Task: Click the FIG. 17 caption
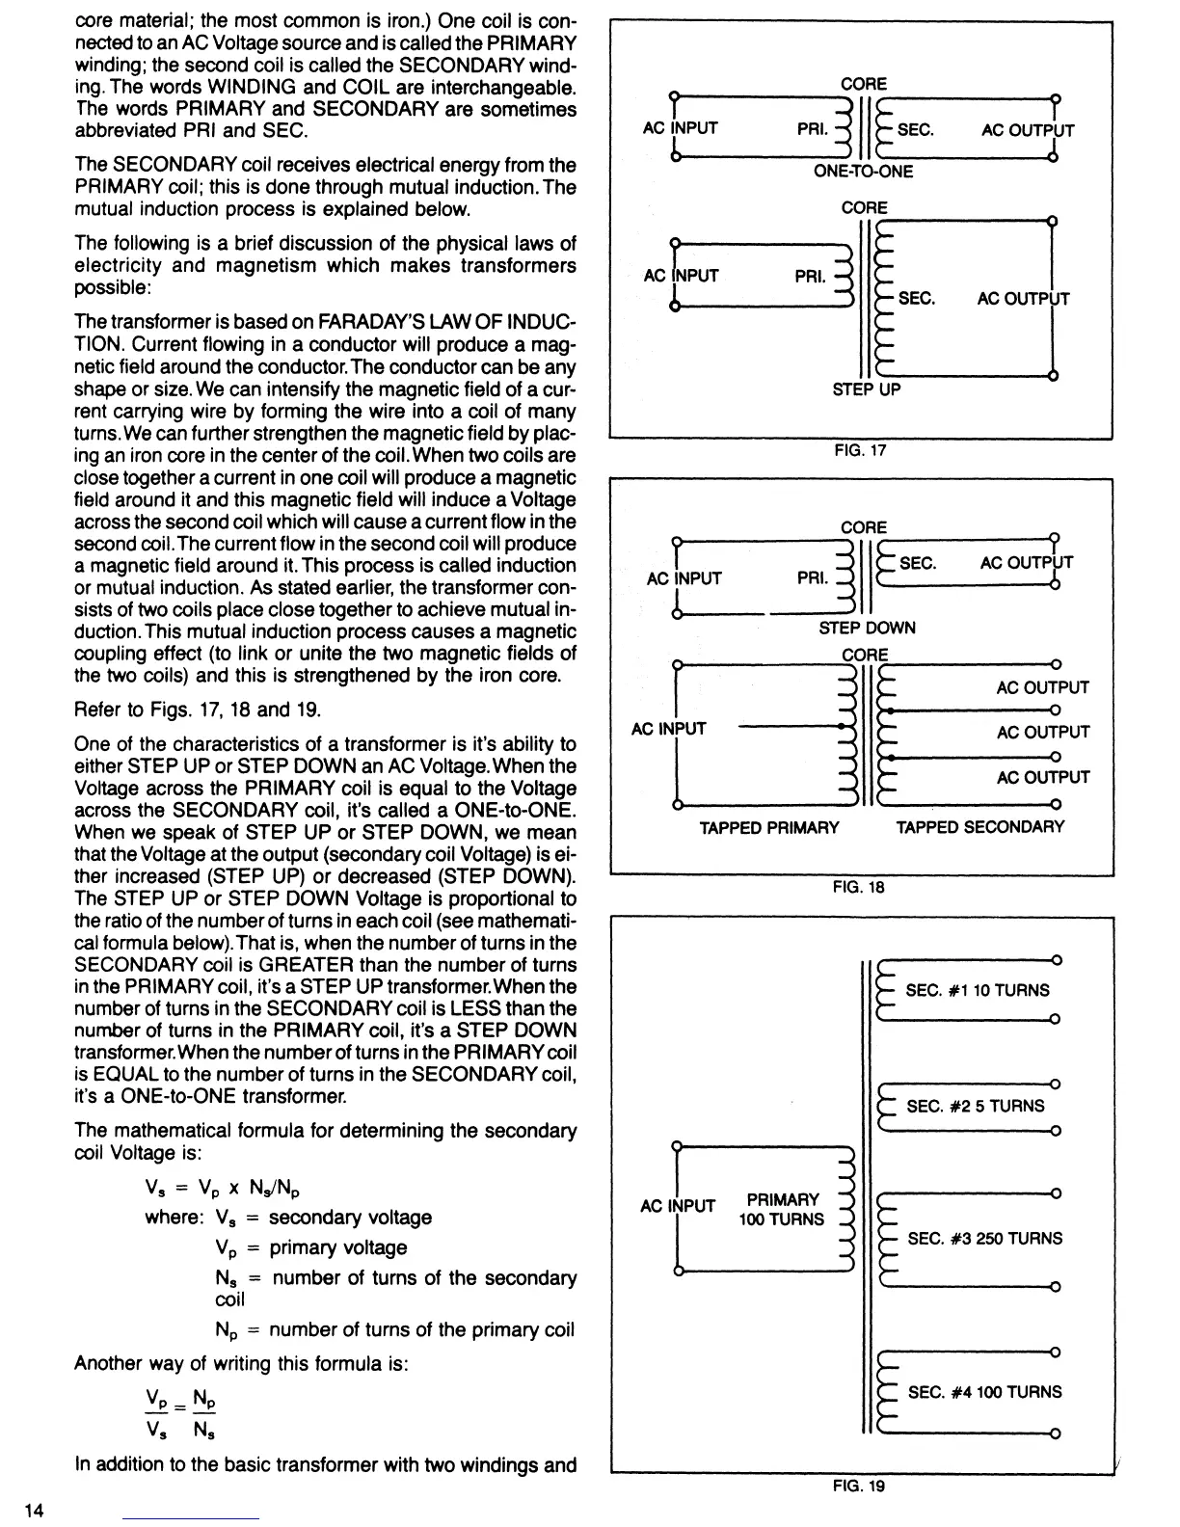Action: [859, 450]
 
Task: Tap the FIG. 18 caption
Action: [858, 887]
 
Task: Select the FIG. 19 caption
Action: [858, 1486]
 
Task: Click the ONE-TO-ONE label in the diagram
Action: [863, 172]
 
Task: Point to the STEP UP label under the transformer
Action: [866, 389]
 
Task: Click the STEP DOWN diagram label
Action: [867, 628]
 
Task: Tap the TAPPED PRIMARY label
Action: [768, 827]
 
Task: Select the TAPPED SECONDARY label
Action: [979, 827]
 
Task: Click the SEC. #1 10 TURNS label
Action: [978, 990]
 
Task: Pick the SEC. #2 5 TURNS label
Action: [975, 1106]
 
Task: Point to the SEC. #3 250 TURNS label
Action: [984, 1238]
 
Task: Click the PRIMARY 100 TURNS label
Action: [782, 1209]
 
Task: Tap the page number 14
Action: [35, 1509]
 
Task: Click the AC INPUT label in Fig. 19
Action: [678, 1206]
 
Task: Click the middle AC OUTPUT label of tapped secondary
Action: [1042, 733]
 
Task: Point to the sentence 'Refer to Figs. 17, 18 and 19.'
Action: [197, 710]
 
